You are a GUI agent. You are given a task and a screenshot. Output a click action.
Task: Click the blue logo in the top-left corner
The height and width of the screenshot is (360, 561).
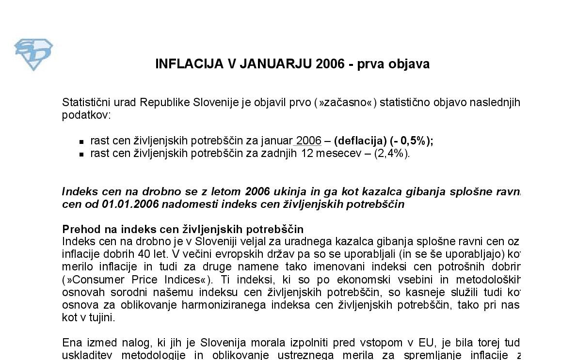pos(33,54)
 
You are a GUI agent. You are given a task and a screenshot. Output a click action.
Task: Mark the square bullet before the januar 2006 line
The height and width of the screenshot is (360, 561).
pos(81,142)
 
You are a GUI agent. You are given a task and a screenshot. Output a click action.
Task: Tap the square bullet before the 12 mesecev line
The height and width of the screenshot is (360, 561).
pos(81,155)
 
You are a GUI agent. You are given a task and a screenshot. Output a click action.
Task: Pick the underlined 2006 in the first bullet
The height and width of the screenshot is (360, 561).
pos(308,141)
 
